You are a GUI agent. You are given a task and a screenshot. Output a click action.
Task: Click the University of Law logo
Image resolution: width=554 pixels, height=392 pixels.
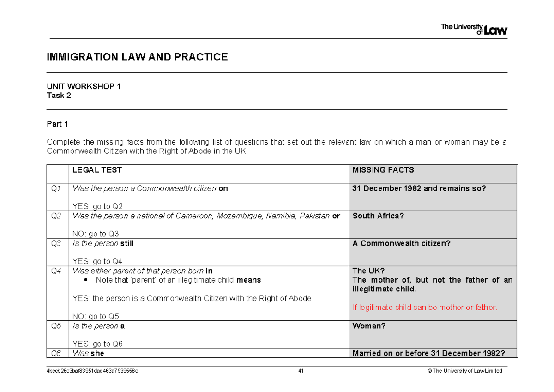click(x=474, y=29)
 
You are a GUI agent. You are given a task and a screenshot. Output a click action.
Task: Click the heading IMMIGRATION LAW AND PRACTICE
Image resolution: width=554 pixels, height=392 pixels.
click(x=137, y=57)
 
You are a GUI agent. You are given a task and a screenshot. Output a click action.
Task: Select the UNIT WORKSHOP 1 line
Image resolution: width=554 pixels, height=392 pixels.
click(x=84, y=87)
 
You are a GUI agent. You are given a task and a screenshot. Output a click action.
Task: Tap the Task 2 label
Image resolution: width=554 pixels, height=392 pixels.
click(x=59, y=96)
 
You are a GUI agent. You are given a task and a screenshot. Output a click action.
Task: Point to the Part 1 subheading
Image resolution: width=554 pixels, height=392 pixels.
click(x=58, y=124)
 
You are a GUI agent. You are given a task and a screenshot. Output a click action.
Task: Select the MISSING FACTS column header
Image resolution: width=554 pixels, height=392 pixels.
click(x=383, y=170)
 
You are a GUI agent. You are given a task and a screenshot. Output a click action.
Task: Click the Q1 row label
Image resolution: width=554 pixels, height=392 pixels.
click(x=56, y=188)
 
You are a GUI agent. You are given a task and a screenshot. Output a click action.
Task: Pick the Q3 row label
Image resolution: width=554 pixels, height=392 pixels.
click(x=56, y=243)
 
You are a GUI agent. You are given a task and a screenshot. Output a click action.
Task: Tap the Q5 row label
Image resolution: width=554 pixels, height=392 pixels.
click(x=56, y=326)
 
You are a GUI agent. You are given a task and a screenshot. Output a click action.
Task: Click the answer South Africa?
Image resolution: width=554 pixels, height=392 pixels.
click(x=378, y=216)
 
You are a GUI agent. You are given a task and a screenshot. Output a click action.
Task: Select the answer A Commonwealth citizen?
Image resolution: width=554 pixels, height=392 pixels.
click(x=401, y=243)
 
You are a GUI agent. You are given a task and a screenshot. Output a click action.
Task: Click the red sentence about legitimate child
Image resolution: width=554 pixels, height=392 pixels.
click(x=425, y=308)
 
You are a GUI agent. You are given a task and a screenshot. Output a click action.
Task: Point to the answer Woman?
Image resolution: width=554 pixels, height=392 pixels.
click(x=369, y=326)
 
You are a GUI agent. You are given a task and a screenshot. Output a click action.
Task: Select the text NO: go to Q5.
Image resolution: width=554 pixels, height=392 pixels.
click(x=97, y=317)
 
